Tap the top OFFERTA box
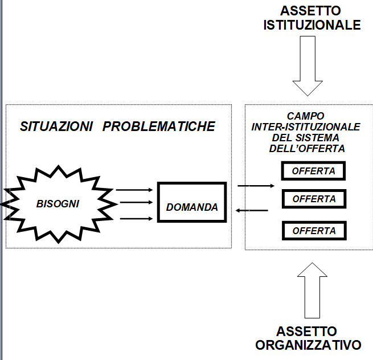point(314,170)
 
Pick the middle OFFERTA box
point(314,199)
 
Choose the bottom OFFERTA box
point(314,230)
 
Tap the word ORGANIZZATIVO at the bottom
point(308,345)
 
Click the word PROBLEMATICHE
point(159,126)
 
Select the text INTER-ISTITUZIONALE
point(305,127)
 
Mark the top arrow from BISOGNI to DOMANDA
point(134,190)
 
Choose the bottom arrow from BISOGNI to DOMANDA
point(134,217)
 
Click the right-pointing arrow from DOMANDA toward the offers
point(256,186)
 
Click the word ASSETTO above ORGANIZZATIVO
point(308,332)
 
